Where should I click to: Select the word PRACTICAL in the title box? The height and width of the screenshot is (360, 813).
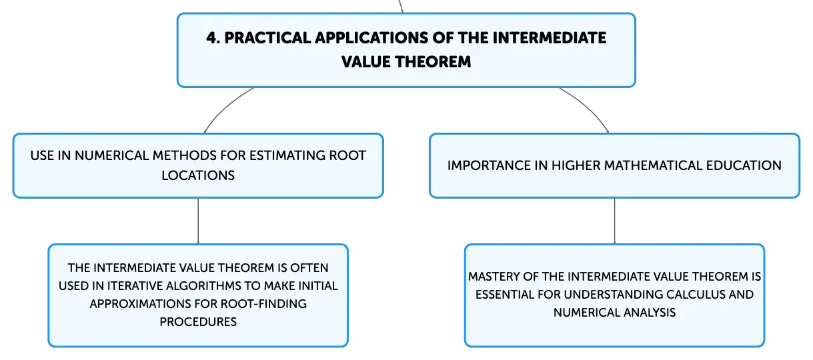tap(267, 38)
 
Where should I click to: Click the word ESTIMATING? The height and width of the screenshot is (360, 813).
tap(287, 155)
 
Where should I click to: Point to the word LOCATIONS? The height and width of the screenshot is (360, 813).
tap(198, 175)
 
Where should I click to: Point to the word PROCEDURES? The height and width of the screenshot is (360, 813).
tap(198, 321)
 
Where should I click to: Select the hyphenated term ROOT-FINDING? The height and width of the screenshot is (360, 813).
tap(263, 303)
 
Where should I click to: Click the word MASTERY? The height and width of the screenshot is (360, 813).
tap(494, 277)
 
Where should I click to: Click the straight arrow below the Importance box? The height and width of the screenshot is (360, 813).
tap(614, 221)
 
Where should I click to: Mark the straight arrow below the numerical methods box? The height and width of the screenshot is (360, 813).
tap(198, 221)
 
